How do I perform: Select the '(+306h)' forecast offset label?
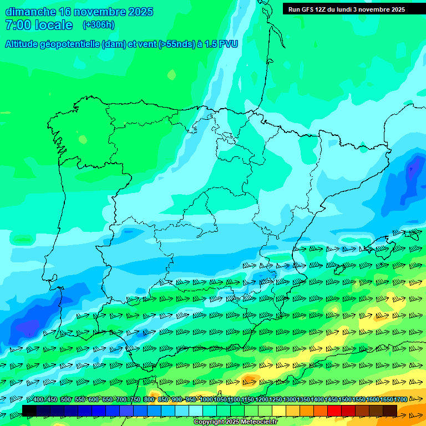pos(98,25)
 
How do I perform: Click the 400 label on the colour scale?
pos(38,400)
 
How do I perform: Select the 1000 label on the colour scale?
pos(206,400)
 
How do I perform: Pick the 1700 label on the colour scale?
pos(400,400)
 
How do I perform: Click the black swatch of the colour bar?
pos(29,410)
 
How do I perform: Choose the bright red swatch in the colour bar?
pos(334,410)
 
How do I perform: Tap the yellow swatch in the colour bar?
pos(279,410)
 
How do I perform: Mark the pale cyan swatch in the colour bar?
pos(196,410)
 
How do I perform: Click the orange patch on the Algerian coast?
pos(249,380)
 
